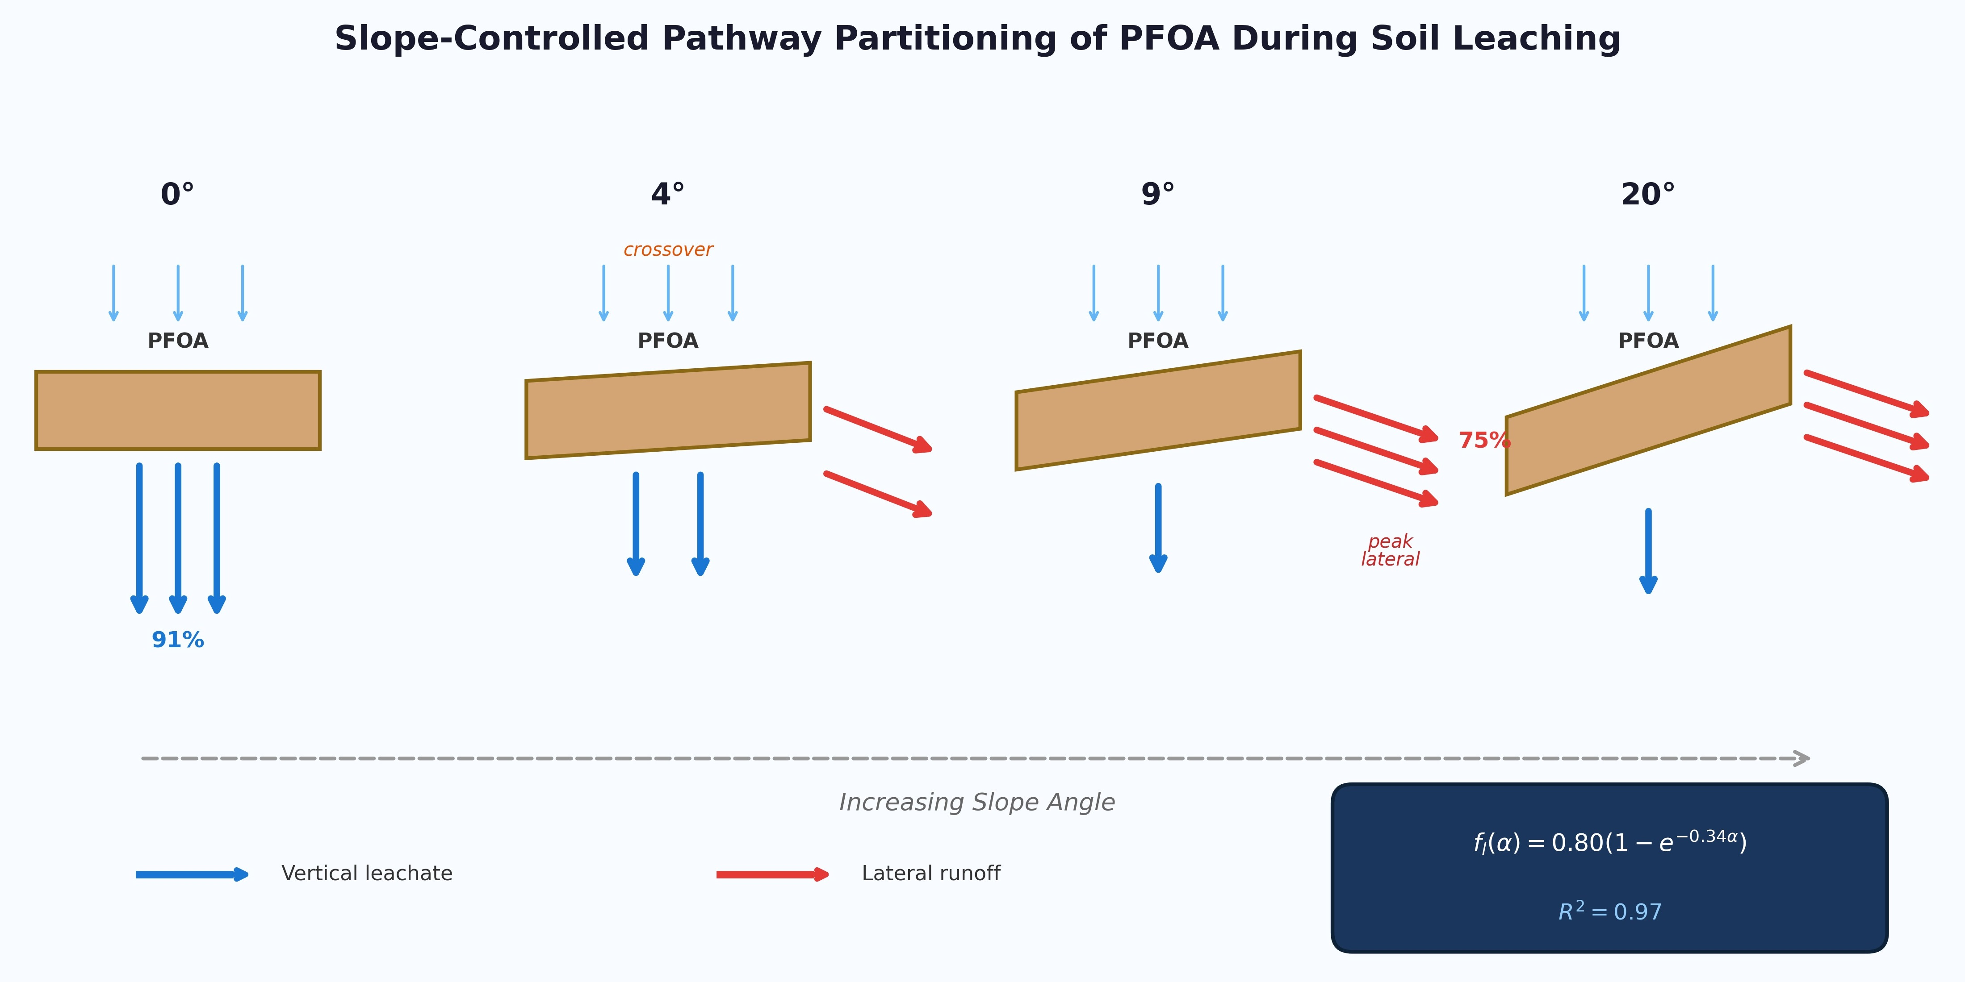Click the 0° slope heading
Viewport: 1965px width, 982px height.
click(177, 195)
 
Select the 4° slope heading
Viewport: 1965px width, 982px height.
click(667, 195)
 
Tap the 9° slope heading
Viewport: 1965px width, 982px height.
click(1157, 195)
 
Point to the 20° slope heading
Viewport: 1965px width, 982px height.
click(1648, 195)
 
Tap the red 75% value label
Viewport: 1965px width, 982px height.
click(1483, 440)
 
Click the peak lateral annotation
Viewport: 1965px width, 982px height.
click(1390, 550)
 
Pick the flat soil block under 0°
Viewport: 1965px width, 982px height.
click(178, 410)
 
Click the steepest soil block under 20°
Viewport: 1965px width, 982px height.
click(1648, 410)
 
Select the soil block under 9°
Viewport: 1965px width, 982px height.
click(1157, 410)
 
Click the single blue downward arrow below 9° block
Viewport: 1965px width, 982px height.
click(1158, 528)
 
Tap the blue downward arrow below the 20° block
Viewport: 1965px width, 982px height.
click(1648, 550)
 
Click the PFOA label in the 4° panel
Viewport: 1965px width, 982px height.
click(667, 341)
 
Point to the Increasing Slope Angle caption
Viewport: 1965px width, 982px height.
click(976, 802)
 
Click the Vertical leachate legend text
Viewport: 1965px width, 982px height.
click(366, 874)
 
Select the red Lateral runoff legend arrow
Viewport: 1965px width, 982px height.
click(772, 874)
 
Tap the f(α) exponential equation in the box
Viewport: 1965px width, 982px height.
click(1609, 842)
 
